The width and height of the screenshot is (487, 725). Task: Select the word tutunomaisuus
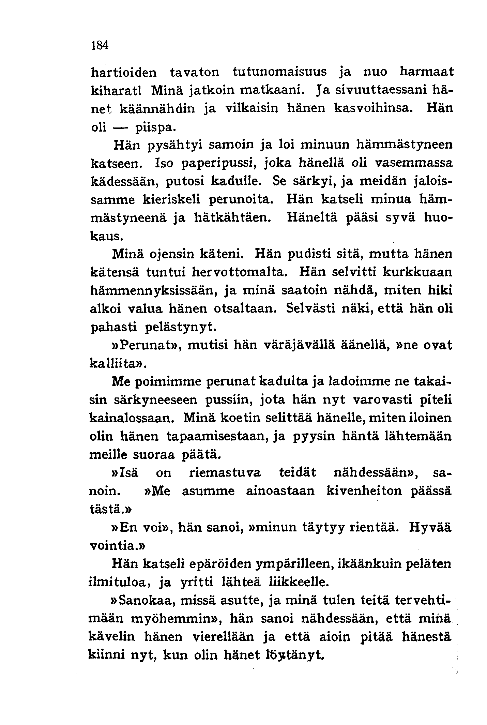(x=279, y=72)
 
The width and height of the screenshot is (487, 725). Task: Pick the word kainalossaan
(x=132, y=418)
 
